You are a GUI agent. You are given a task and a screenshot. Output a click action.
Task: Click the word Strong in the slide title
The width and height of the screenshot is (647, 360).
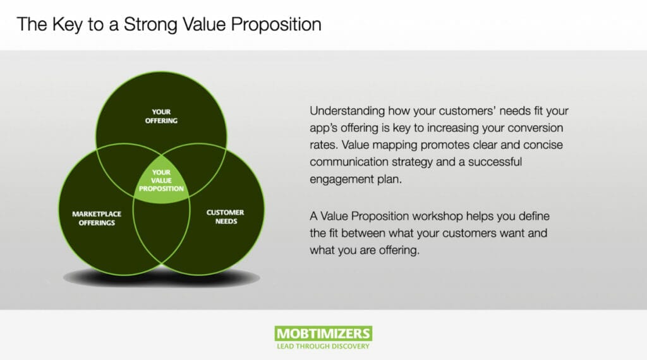coord(151,25)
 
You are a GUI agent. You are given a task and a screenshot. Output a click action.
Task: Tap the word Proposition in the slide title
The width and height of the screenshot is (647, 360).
coord(276,25)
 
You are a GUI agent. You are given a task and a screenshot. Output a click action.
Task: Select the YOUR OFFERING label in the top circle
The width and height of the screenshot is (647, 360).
coord(161,116)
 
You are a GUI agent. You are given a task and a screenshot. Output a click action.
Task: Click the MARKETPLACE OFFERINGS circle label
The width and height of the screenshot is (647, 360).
coord(97,218)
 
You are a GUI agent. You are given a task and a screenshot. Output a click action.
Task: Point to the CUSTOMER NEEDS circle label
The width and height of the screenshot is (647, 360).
coord(226,217)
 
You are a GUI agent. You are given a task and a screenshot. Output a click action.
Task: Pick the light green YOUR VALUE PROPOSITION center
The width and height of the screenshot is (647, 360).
coord(161,180)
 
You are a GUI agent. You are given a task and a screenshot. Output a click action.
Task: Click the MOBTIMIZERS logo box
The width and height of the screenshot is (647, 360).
coord(323,333)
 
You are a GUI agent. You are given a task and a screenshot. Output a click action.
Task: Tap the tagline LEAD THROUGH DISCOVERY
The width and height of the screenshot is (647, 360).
coord(323,346)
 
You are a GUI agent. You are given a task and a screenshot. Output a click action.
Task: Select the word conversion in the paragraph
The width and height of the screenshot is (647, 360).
coord(535,128)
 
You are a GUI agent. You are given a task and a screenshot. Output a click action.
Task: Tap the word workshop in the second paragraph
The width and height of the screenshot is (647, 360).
coord(437,217)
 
